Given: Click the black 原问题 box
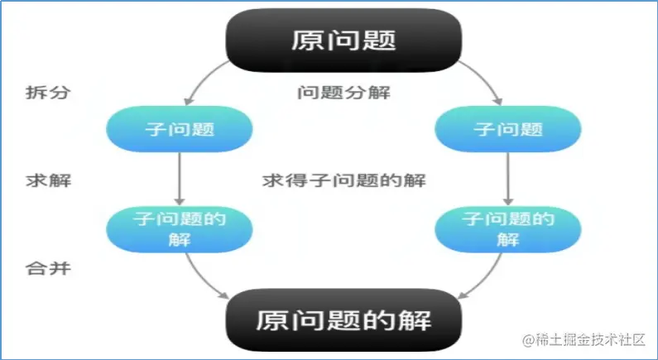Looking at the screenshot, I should tap(344, 40).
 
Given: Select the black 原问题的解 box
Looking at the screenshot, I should tap(343, 319).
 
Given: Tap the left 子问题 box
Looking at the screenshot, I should tap(179, 130).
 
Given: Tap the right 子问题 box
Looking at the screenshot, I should tap(507, 130).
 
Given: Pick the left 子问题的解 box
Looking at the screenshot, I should tap(179, 228).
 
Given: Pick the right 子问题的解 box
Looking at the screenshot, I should tap(507, 228).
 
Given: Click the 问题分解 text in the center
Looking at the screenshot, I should tap(343, 92).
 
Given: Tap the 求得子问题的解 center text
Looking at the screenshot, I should tap(343, 180).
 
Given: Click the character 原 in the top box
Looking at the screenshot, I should tap(306, 40).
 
